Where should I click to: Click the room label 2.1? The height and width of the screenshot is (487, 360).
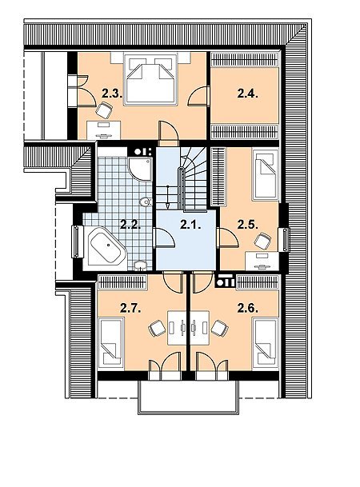[190, 225]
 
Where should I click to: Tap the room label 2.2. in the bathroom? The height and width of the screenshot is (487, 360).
[130, 225]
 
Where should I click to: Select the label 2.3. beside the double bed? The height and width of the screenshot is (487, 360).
[111, 94]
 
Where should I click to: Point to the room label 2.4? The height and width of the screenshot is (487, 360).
[247, 94]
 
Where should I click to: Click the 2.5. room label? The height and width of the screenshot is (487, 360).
[247, 225]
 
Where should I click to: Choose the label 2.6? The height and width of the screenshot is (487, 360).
[247, 309]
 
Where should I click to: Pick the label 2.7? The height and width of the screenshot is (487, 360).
[130, 309]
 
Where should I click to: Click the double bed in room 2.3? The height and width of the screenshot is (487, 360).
[150, 79]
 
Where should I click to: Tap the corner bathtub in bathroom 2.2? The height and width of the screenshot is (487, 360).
[107, 246]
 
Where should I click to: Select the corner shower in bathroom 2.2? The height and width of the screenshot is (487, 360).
[140, 169]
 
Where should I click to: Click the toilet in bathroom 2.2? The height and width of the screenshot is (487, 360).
[146, 202]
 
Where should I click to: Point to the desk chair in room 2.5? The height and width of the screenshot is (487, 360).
[262, 241]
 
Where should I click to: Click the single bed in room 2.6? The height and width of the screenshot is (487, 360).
[266, 342]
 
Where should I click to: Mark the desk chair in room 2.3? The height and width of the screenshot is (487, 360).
[104, 110]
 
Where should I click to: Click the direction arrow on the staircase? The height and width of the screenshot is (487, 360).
[167, 197]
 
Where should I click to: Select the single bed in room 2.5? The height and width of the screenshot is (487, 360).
[266, 175]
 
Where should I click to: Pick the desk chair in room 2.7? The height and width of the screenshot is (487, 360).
[157, 329]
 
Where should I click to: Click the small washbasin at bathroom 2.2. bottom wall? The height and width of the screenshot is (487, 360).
[140, 265]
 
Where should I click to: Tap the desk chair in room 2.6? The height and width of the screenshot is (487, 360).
[220, 329]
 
